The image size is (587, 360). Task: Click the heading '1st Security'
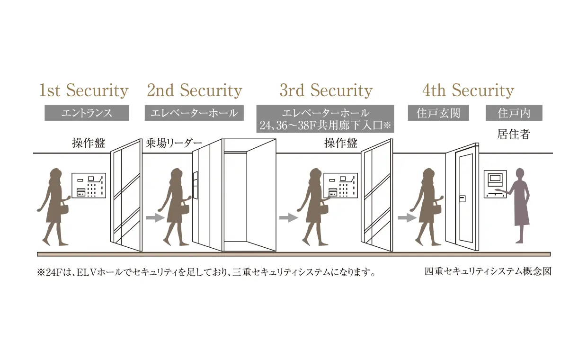(84, 90)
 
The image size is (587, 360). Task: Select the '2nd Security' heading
(195, 90)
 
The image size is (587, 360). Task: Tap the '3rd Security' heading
(326, 90)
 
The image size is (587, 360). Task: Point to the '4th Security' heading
(468, 90)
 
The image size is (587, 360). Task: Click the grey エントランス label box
(87, 113)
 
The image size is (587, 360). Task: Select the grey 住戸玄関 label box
(438, 113)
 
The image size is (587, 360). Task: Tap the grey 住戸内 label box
(514, 113)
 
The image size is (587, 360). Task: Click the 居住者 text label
(514, 134)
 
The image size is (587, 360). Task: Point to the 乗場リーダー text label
(174, 143)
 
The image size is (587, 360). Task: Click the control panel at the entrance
(89, 185)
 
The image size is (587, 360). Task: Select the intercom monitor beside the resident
(495, 184)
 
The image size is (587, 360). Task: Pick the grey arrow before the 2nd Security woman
(155, 217)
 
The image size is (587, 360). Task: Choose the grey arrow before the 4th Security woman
(407, 217)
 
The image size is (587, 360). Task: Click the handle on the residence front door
(462, 199)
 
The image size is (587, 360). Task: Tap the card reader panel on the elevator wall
(195, 185)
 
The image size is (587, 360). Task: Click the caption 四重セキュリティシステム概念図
(488, 271)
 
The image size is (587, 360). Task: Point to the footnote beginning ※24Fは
(206, 272)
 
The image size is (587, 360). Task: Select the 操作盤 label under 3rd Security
(341, 143)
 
